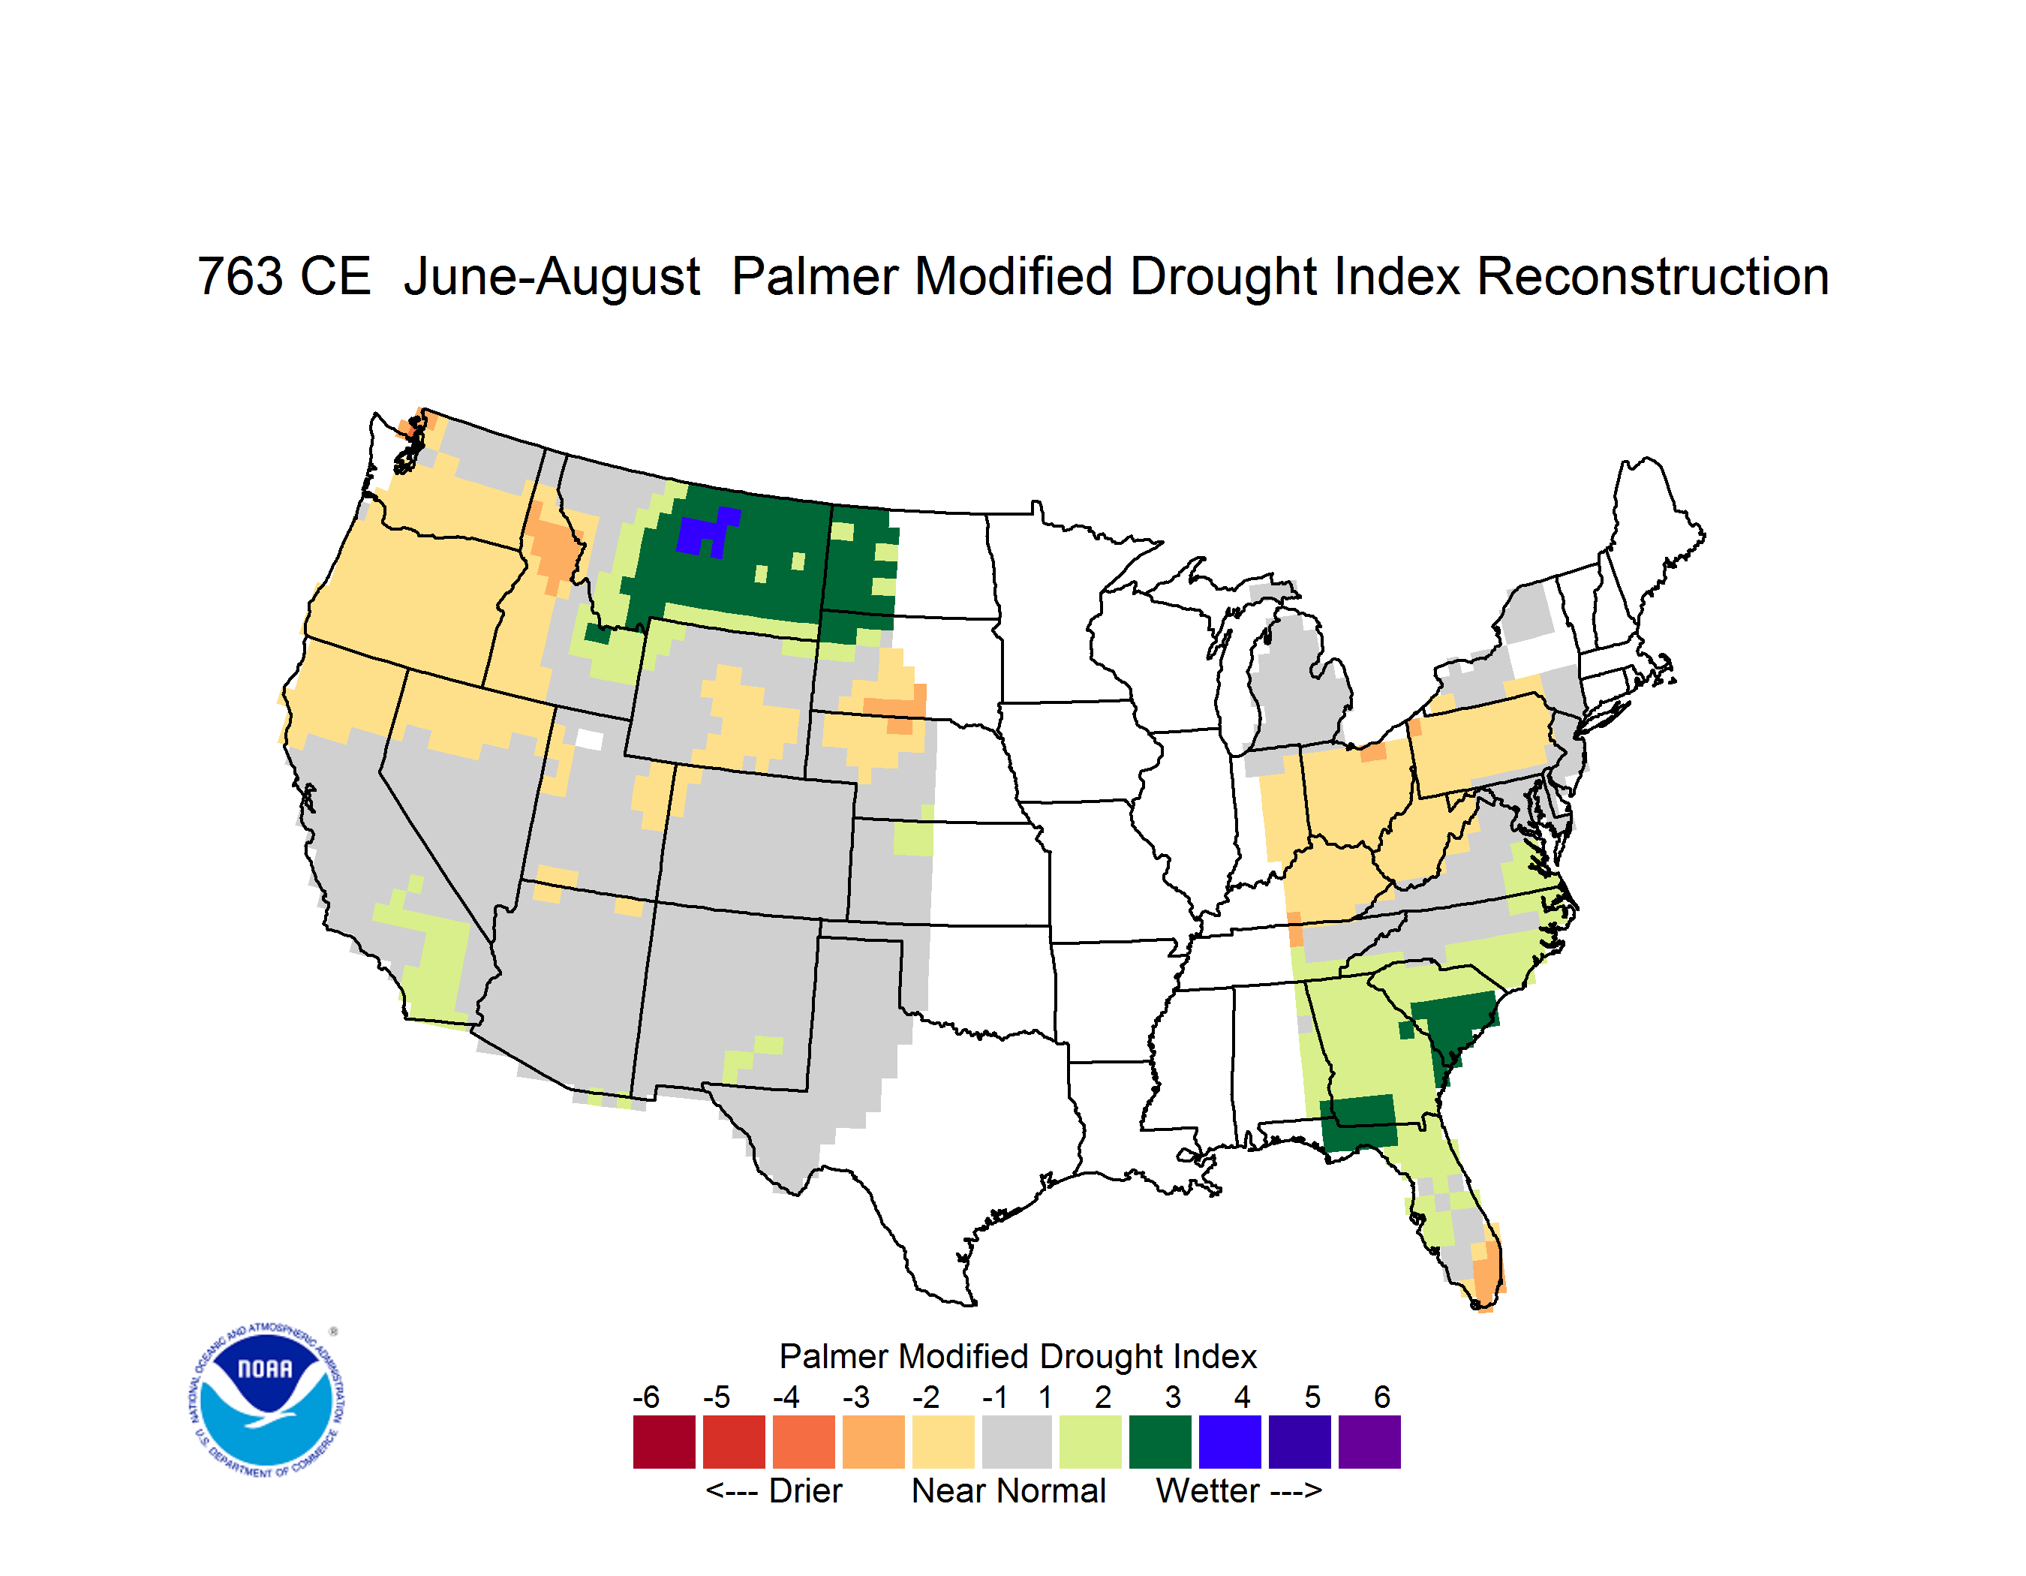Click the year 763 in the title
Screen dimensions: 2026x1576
coord(239,276)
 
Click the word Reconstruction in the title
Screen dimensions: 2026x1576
coord(1652,276)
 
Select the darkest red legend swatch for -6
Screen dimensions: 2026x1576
coord(664,1442)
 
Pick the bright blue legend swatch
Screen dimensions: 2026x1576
coord(1230,1442)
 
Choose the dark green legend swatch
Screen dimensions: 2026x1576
coord(1159,1442)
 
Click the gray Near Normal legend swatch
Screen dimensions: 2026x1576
coord(1017,1442)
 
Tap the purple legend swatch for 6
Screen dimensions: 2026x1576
coord(1369,1442)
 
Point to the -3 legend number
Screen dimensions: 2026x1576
coord(856,1397)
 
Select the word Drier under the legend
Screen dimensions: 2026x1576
coord(805,1490)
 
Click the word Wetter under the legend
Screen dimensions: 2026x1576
coord(1207,1490)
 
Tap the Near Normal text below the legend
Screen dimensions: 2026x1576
coord(1008,1490)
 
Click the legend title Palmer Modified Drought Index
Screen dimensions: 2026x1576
coord(1018,1356)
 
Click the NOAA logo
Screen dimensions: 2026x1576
coord(266,1400)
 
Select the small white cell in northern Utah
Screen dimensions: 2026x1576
coord(589,739)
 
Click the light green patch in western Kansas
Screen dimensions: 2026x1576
coord(912,838)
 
